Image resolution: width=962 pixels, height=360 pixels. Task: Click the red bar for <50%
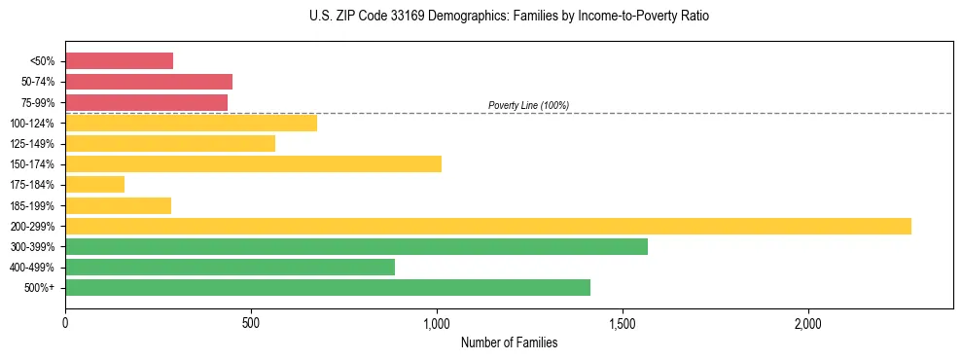point(119,61)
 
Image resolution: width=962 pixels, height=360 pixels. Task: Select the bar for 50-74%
point(149,82)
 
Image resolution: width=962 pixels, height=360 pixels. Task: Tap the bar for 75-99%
point(146,102)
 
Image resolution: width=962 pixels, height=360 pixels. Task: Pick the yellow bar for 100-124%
point(191,123)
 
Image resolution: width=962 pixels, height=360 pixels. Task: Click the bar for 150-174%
point(253,163)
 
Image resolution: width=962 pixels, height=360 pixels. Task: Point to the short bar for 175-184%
point(94,184)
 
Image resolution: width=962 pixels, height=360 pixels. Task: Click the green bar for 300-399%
point(356,246)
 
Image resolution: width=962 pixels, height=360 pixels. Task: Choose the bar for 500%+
point(328,287)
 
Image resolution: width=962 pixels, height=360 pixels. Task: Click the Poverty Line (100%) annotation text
point(528,105)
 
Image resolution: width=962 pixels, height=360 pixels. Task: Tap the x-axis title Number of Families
point(509,342)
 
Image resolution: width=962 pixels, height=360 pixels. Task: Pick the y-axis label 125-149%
point(32,144)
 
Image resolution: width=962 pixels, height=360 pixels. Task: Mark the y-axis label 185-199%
point(32,205)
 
